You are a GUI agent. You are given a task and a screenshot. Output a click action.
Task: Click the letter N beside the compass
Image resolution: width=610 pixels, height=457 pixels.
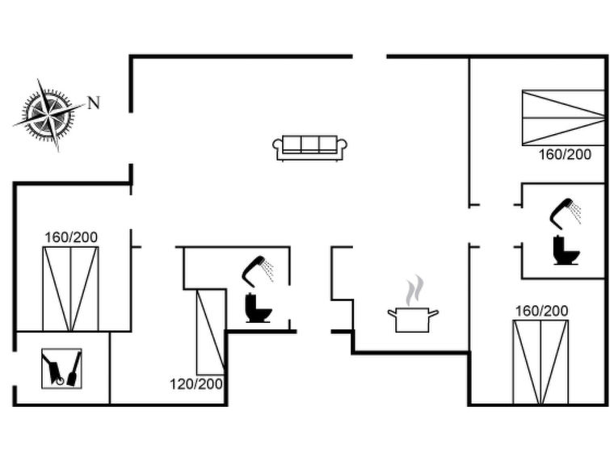coord(94,103)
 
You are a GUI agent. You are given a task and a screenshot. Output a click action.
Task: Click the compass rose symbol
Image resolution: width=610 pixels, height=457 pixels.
coord(48,115)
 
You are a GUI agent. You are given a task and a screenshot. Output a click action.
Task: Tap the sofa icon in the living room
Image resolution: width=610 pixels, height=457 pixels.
coord(309,148)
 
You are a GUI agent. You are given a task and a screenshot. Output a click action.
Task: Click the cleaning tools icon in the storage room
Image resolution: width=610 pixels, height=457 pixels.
coord(61,368)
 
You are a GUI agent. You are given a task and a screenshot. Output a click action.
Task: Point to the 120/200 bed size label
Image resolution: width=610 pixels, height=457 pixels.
coord(196,384)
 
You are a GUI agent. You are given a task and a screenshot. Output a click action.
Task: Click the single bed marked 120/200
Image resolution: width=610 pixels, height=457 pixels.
coord(210,332)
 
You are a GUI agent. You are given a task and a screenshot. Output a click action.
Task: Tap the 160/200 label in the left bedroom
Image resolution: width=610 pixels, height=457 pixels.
coord(71,237)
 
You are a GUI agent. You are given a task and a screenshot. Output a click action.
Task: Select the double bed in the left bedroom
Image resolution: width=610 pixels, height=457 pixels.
coord(70,289)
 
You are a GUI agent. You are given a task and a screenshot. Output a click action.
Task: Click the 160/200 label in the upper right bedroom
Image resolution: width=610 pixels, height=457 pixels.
coord(565,154)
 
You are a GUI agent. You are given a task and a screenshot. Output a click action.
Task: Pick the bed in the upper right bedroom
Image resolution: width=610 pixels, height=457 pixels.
coord(563,118)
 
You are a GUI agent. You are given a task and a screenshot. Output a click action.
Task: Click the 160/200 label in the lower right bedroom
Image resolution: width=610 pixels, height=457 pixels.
coord(541,311)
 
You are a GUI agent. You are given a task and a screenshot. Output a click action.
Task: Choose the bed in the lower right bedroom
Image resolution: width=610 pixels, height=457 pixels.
coord(541,362)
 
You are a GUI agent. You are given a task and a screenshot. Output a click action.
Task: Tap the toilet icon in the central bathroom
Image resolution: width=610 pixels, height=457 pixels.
coord(258,308)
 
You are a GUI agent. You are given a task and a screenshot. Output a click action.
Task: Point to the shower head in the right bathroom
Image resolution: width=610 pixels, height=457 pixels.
coord(565,213)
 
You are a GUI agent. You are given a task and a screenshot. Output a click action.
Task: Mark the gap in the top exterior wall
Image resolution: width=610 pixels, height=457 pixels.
coord(369,57)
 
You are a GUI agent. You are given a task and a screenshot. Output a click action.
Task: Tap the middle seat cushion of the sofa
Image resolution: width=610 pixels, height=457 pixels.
coord(309,144)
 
